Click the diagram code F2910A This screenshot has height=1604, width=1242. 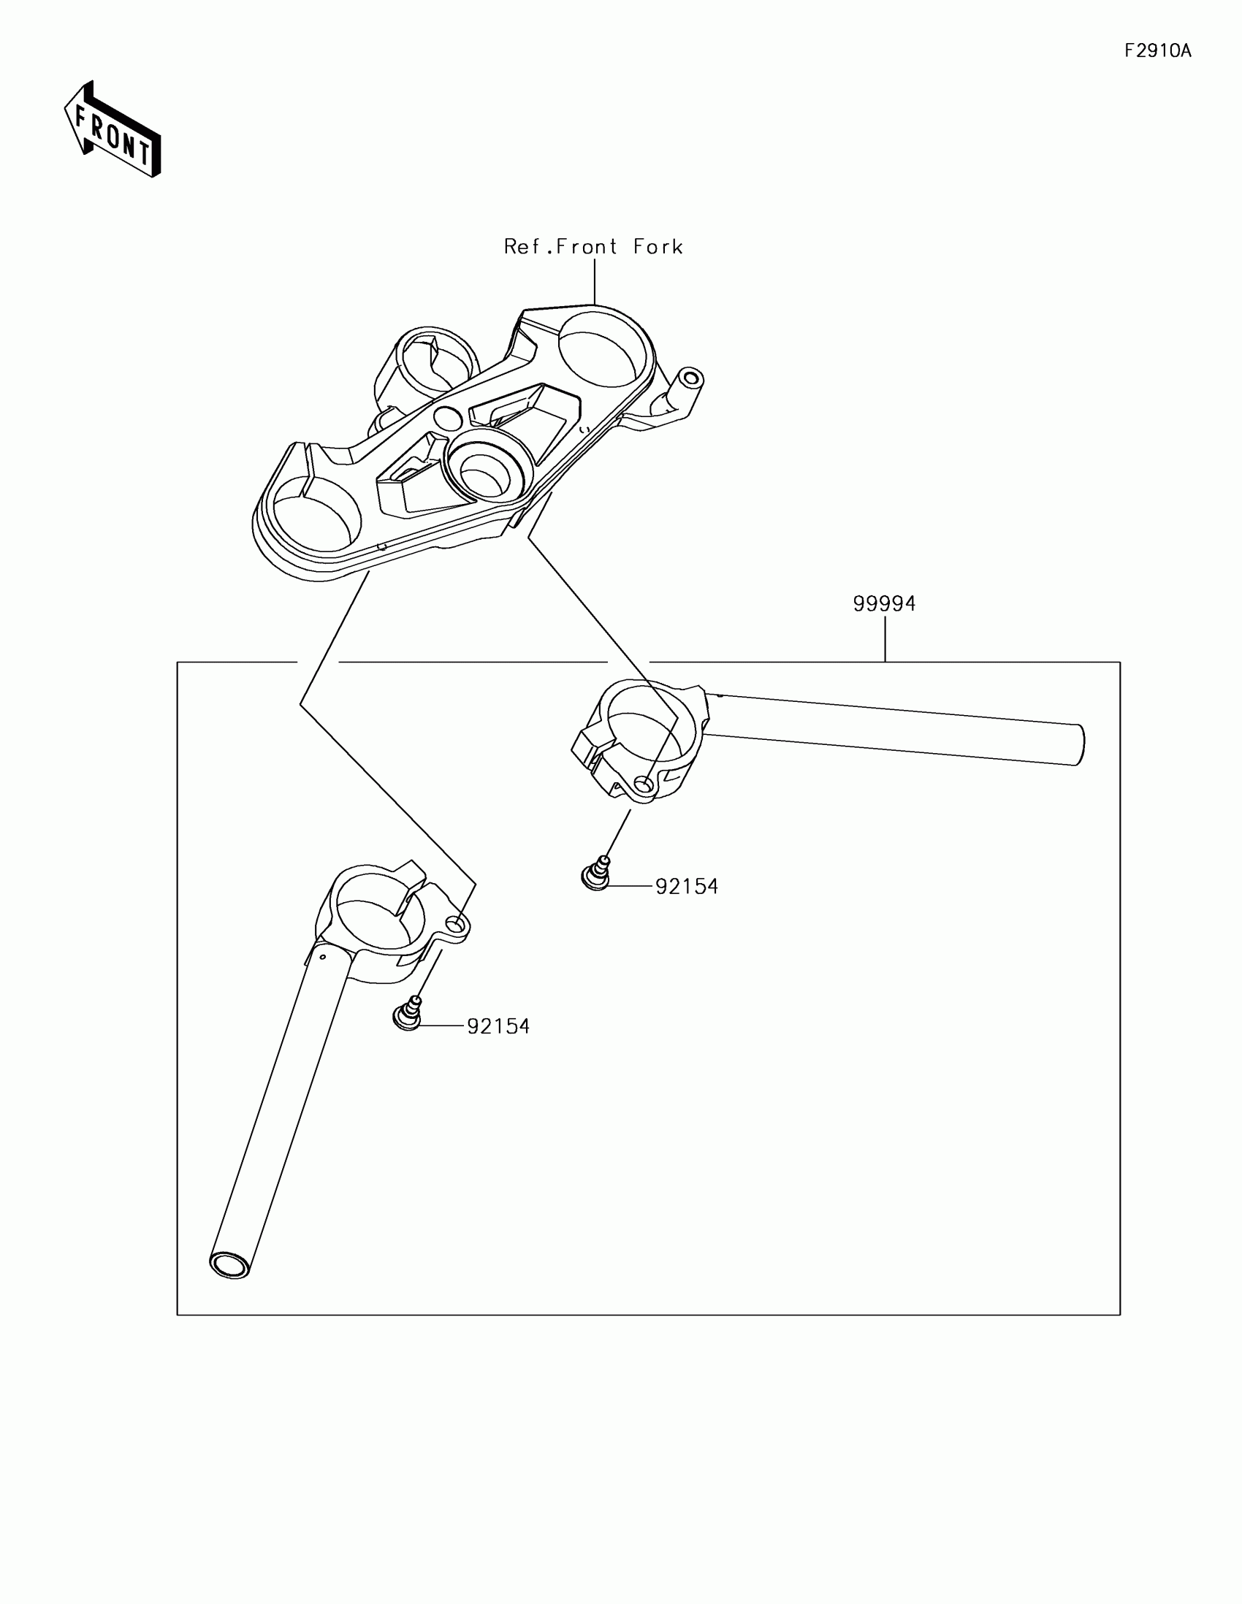[1157, 50]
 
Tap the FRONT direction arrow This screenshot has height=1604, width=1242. [113, 130]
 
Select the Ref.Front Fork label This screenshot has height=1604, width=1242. [593, 247]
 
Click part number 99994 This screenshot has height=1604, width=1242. [883, 604]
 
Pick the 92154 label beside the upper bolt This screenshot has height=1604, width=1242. [686, 887]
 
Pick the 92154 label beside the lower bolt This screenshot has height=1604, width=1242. [498, 1026]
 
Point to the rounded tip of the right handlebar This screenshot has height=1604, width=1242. [1079, 745]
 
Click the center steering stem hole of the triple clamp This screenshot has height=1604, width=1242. [481, 471]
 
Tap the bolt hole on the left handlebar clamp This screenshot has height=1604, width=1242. [457, 925]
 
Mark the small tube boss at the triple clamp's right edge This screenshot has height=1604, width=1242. [690, 379]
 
